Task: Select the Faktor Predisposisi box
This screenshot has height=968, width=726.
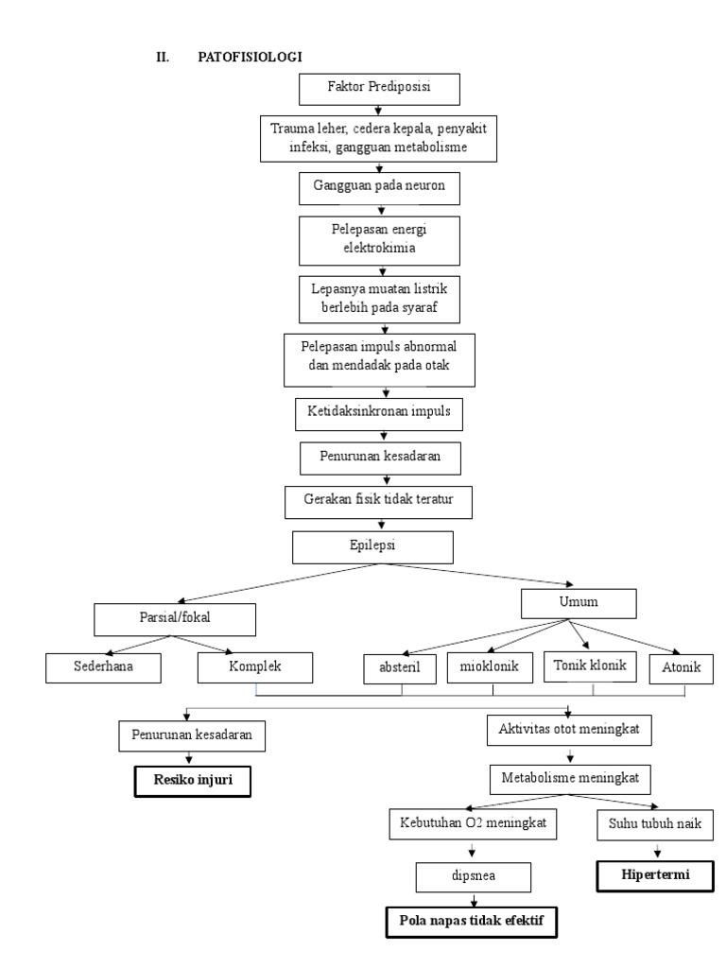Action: coord(378,90)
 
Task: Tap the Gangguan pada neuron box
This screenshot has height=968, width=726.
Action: coord(378,187)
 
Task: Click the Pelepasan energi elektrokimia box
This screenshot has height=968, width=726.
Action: coord(378,241)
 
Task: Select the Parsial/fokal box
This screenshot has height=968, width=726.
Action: coord(175,621)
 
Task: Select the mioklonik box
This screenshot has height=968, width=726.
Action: coord(483,668)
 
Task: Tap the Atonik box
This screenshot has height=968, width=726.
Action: coord(674,667)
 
